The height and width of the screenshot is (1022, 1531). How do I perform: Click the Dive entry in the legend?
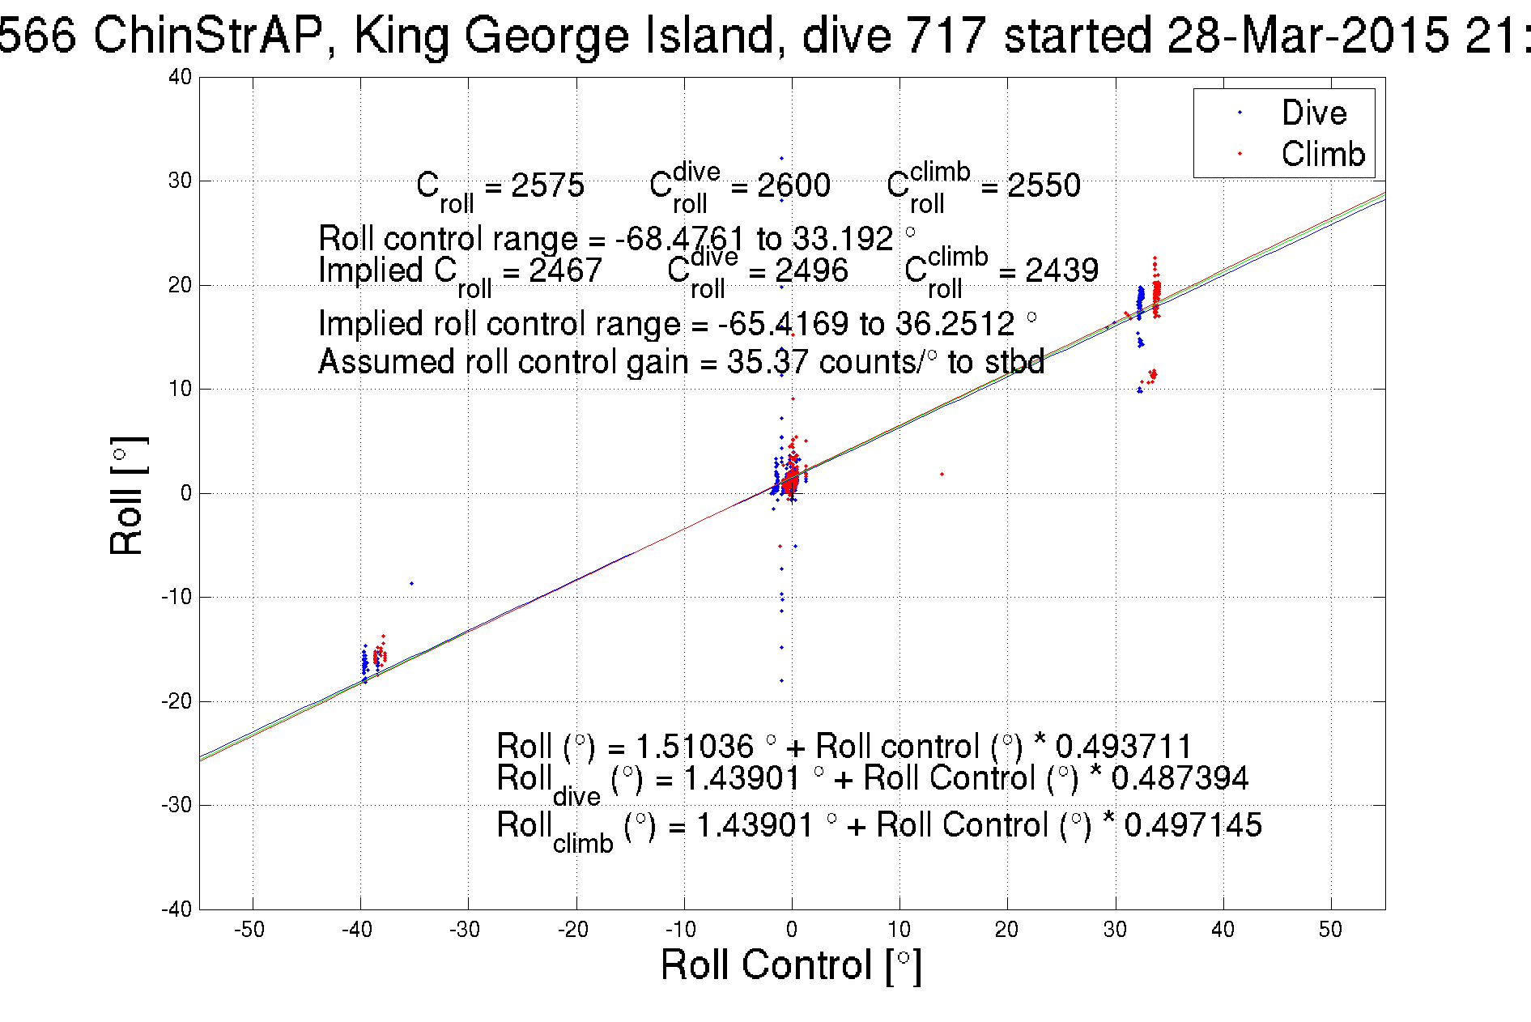[x=1313, y=113]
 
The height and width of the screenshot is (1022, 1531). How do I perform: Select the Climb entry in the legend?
[x=1322, y=154]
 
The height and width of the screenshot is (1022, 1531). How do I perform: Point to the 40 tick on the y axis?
[x=181, y=77]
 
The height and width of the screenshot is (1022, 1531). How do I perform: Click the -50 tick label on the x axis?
[x=249, y=930]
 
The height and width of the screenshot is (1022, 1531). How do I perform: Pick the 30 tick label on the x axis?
[x=1115, y=930]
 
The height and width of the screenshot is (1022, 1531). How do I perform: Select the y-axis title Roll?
[x=127, y=496]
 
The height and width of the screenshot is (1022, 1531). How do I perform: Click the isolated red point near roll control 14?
[x=942, y=474]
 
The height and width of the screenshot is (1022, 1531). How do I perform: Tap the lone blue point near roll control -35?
[x=411, y=583]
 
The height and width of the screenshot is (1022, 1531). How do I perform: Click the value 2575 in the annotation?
[x=547, y=185]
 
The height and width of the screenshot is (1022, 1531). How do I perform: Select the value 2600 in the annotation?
[x=793, y=185]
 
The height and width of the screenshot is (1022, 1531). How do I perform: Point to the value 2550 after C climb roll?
[x=1044, y=185]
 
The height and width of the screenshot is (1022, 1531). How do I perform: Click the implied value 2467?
[x=565, y=270]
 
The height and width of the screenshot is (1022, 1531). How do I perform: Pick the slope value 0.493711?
[x=1124, y=746]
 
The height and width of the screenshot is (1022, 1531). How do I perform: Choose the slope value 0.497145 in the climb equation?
[x=1193, y=825]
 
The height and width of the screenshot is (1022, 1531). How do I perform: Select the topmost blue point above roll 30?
[x=781, y=158]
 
